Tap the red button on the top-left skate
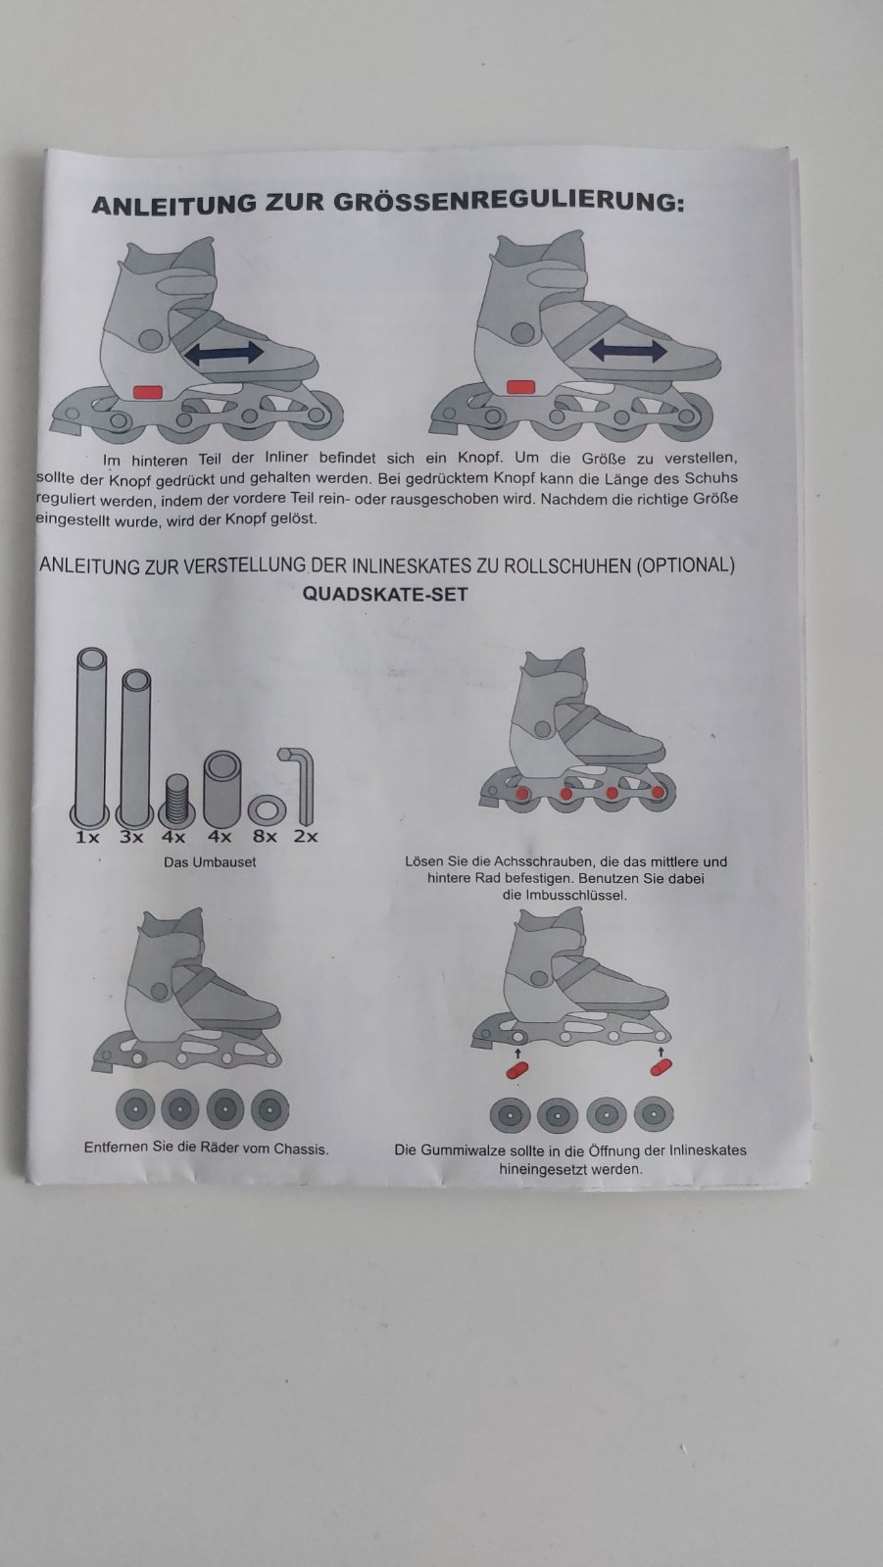(148, 391)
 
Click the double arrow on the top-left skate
(223, 353)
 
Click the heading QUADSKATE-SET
(385, 595)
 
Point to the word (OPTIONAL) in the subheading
(685, 565)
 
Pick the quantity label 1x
(87, 837)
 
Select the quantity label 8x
(266, 837)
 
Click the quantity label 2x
(306, 836)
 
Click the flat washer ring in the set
(267, 811)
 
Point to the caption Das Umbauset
(210, 862)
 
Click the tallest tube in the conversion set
(91, 737)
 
